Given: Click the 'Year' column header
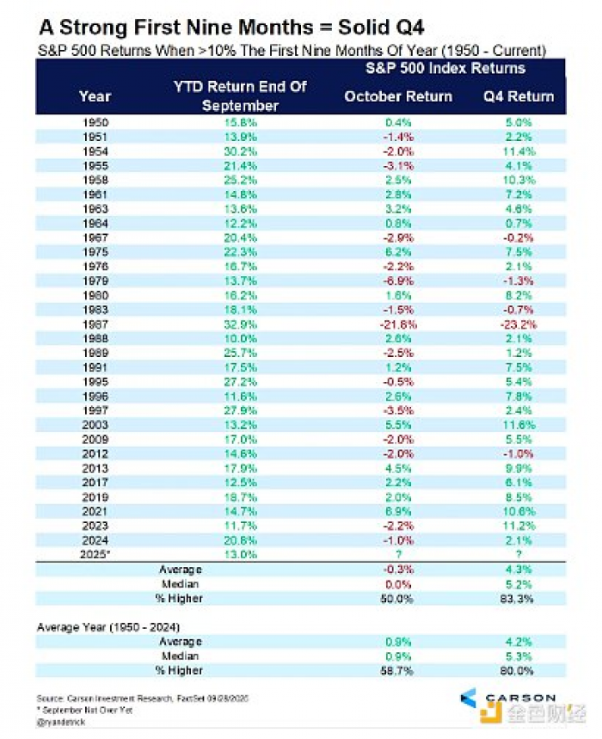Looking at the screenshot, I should [95, 96].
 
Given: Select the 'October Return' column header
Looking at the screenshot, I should [398, 96].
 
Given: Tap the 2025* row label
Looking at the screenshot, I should [95, 555].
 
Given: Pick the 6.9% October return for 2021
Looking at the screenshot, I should [398, 513].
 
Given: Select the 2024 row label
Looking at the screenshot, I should [95, 541].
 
